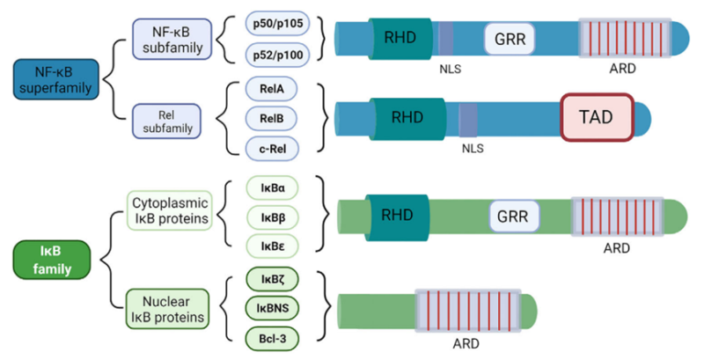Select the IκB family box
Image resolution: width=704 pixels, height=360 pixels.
(x=54, y=254)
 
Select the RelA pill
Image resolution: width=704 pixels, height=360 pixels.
(x=273, y=89)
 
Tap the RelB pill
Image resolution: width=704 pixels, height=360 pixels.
(x=273, y=118)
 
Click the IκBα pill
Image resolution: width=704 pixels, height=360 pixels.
(x=273, y=189)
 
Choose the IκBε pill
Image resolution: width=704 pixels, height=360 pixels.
(x=273, y=246)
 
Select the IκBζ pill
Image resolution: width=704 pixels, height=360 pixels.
(x=273, y=282)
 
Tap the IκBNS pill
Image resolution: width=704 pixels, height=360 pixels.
(x=273, y=309)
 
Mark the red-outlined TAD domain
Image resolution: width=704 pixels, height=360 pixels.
(x=598, y=117)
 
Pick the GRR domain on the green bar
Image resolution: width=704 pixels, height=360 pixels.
(x=507, y=214)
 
